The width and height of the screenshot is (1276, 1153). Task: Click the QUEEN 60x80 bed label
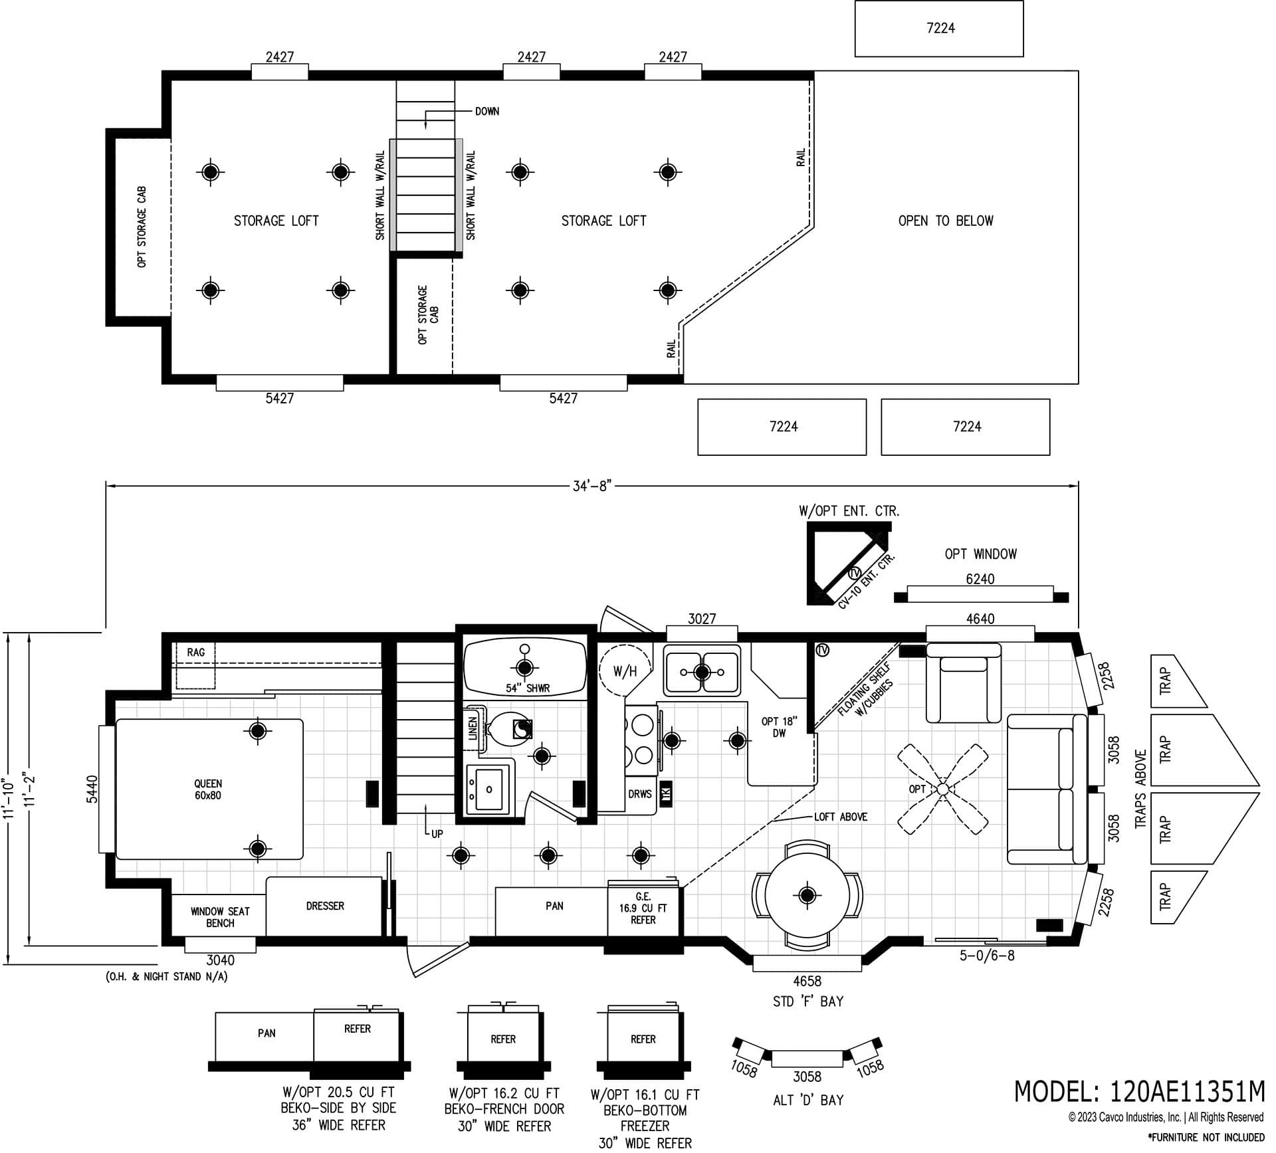(208, 789)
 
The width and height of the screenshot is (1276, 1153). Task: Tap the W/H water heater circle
(624, 671)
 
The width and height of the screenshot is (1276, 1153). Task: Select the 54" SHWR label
(528, 688)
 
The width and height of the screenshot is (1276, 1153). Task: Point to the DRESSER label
(325, 906)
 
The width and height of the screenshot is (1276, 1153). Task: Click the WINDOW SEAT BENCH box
(220, 917)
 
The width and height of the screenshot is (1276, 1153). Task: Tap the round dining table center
(807, 894)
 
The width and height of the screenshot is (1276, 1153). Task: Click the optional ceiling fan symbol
(942, 789)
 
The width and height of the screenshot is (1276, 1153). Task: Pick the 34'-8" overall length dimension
(591, 486)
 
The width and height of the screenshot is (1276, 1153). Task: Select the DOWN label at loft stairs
(486, 112)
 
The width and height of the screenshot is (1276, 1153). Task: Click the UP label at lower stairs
(437, 834)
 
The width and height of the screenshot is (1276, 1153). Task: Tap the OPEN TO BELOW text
(945, 221)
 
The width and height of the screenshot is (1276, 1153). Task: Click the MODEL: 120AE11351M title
(1138, 1091)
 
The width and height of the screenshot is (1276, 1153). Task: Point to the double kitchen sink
(702, 671)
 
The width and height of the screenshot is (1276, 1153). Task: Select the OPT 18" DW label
(779, 727)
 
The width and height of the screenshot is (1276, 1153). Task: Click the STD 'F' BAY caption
(807, 1001)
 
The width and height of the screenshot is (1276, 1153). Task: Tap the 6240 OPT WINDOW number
(980, 579)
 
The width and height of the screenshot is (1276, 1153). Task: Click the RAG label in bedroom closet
(195, 653)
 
